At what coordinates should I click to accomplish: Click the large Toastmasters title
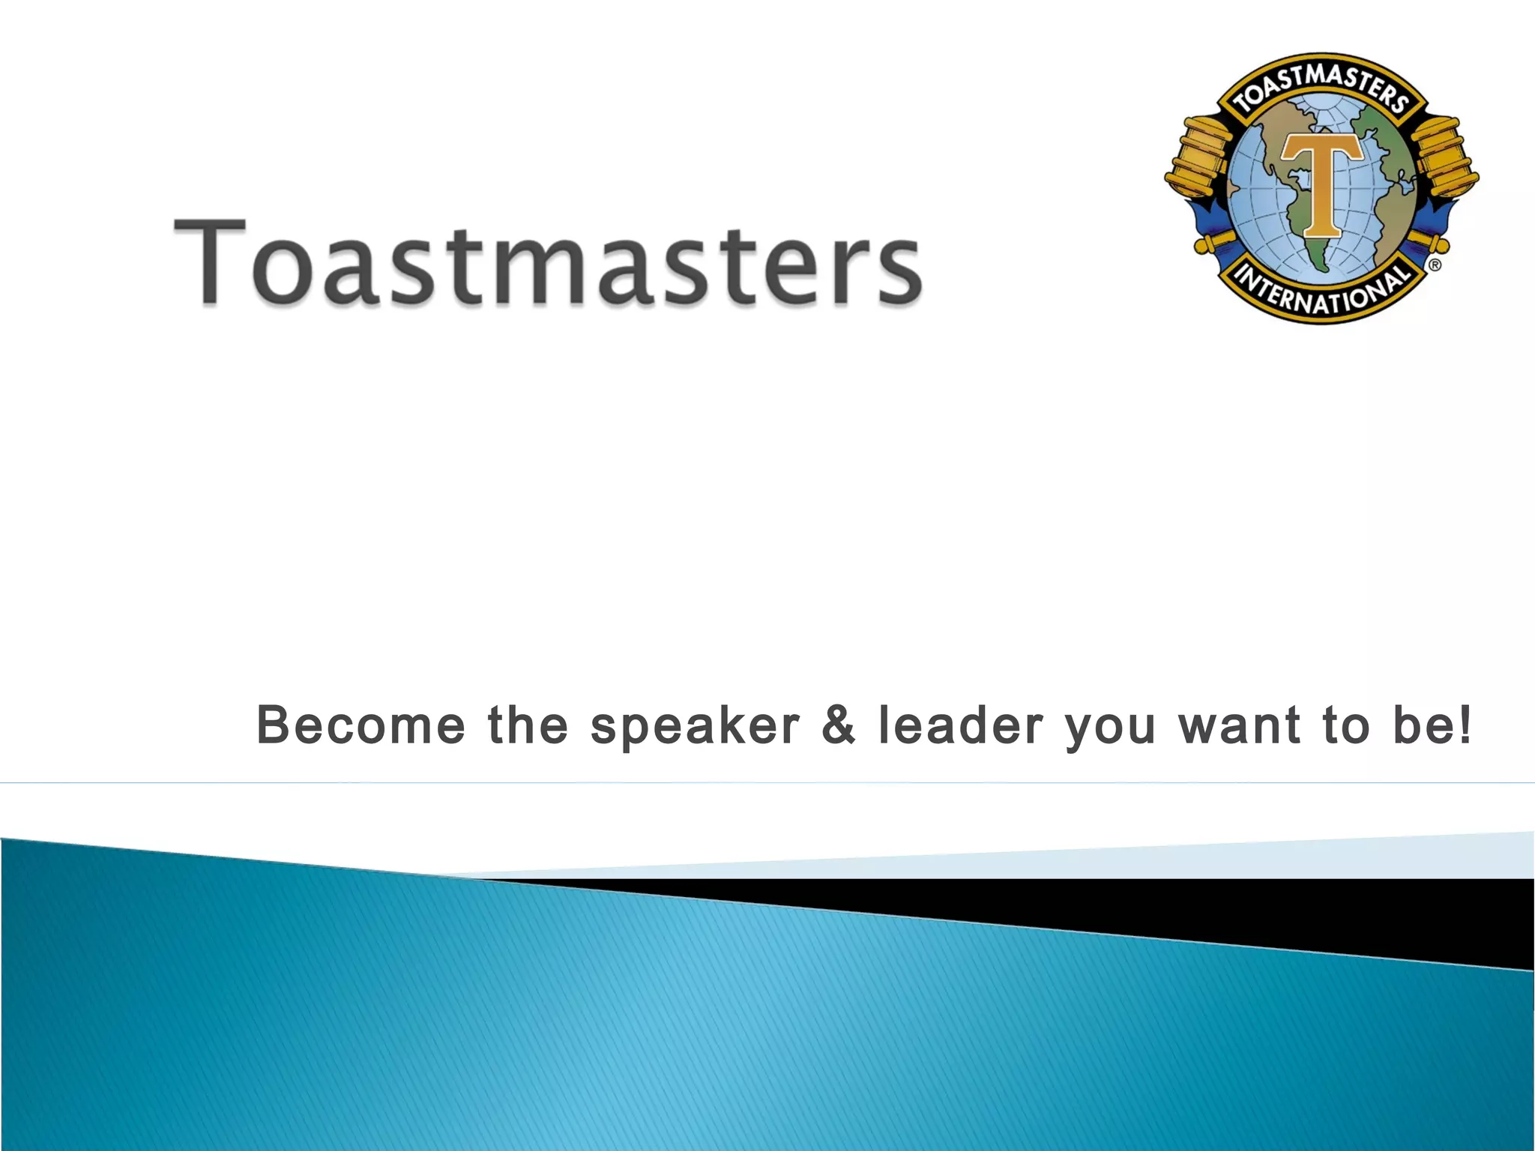pyautogui.click(x=547, y=262)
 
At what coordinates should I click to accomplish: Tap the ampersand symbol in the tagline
pyautogui.click(x=839, y=725)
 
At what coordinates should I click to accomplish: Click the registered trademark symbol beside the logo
pyautogui.click(x=1435, y=265)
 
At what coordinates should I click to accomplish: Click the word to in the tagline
pyautogui.click(x=1346, y=725)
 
